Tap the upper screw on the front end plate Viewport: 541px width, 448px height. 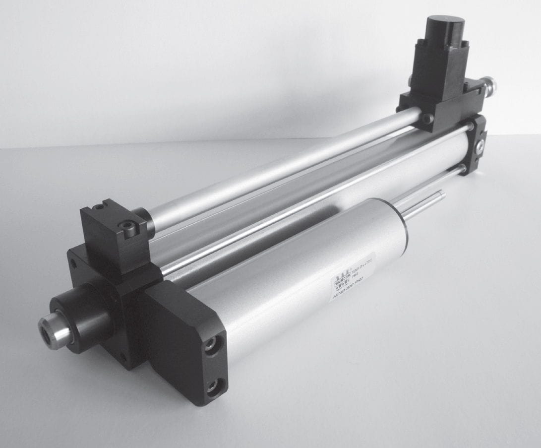click(x=211, y=344)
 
